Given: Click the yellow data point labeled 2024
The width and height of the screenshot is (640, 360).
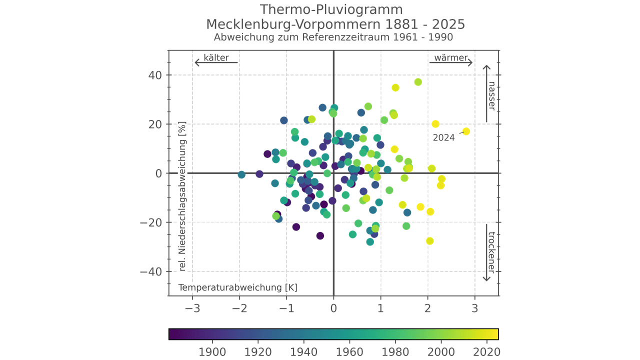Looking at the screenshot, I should pos(466,131).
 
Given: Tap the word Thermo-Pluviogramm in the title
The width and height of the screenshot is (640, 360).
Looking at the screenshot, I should pos(331,9).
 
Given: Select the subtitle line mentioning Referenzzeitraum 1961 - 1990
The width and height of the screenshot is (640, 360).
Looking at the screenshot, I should pos(333,37).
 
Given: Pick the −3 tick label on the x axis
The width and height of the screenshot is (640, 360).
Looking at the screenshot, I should pos(192,308).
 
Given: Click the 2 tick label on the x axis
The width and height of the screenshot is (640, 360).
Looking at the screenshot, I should pos(427,308).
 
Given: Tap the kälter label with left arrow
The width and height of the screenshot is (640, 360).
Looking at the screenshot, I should pos(216,58).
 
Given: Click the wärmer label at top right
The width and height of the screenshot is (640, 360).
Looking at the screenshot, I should pos(450,58).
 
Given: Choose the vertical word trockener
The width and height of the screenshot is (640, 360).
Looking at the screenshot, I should pos(491,252).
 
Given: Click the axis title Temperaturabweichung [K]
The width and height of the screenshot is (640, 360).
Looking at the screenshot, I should pos(238,288).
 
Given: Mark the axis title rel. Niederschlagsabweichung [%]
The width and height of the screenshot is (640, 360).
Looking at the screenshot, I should pos(182,196).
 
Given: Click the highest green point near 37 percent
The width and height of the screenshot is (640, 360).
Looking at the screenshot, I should pos(418,82).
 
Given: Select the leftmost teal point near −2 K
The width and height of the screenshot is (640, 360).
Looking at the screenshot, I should pos(241,175).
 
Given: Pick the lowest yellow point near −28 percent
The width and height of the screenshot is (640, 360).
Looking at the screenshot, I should pos(429,241).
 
